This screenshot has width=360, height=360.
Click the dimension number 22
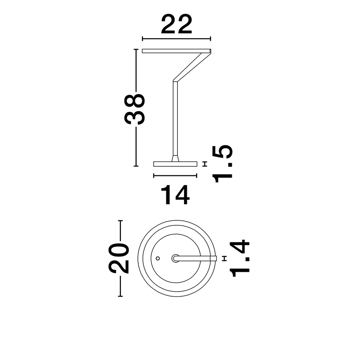[x=176, y=24]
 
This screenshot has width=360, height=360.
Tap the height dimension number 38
[x=135, y=109]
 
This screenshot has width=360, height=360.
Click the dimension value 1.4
[x=239, y=258]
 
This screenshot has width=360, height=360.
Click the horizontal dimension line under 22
[x=176, y=39]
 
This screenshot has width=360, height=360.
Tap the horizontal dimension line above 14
[x=175, y=176]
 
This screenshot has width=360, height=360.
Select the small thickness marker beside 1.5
[x=205, y=164]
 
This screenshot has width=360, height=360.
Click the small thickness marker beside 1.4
[x=225, y=258]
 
